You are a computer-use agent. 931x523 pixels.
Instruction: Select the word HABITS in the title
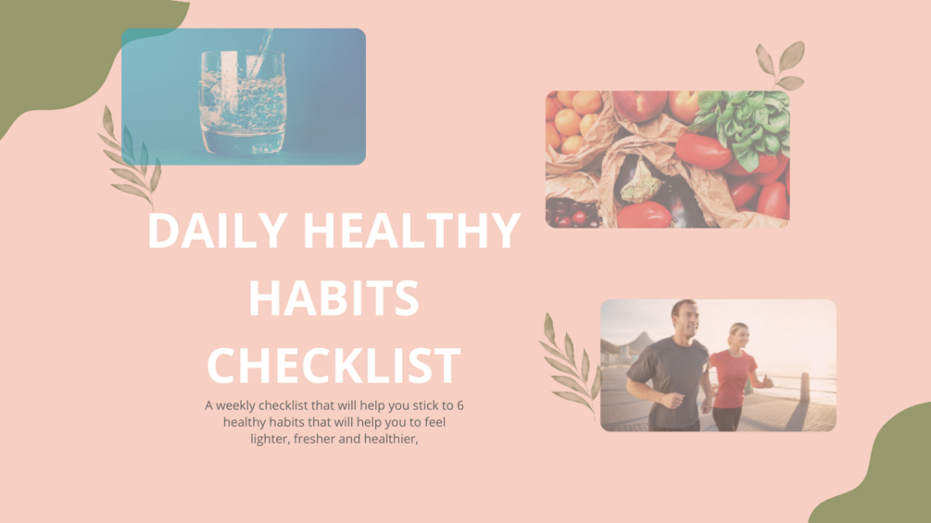[x=333, y=298]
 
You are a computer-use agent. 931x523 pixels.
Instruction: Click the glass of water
[x=243, y=102]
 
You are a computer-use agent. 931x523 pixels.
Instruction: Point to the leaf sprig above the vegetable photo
[x=779, y=66]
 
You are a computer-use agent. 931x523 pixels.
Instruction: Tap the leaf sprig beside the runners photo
[x=568, y=366]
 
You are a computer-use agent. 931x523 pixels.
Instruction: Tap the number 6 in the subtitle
[x=460, y=405]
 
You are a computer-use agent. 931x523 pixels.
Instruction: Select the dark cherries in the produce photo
[x=567, y=214]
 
